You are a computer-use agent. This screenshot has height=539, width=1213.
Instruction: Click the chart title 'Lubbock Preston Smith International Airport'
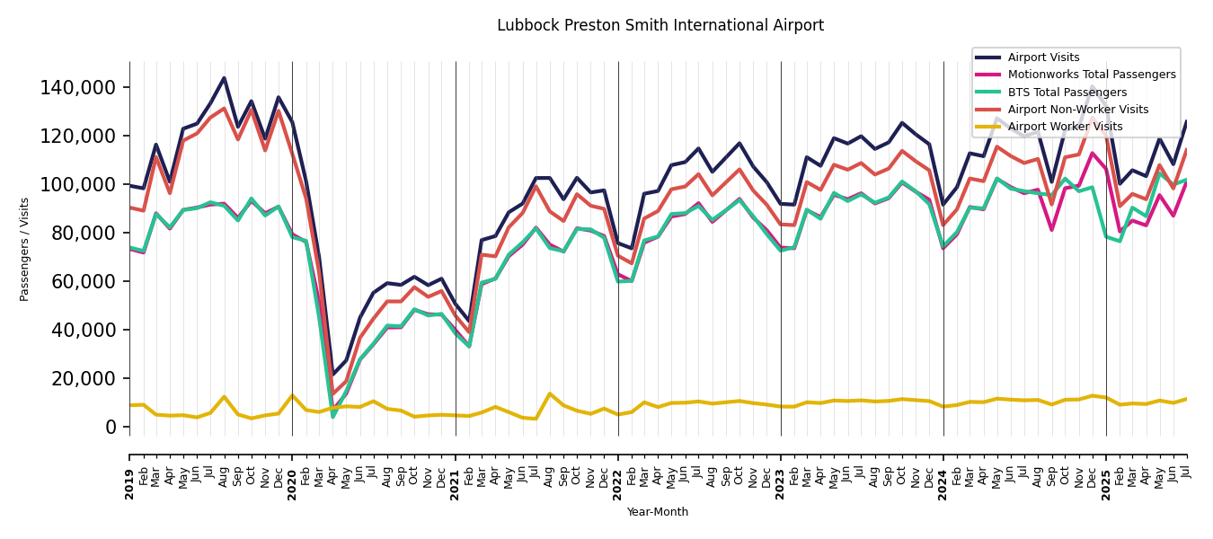coord(660,25)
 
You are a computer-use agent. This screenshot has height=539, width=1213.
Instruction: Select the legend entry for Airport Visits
coord(1043,57)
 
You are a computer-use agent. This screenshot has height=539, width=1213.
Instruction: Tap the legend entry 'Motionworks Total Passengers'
coord(1091,75)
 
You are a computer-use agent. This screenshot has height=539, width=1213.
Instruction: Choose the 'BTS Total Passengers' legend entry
coord(1067,93)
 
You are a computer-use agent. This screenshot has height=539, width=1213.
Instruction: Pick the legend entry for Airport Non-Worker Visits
coord(1077,110)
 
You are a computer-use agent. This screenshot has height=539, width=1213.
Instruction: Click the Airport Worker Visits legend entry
coord(1065,127)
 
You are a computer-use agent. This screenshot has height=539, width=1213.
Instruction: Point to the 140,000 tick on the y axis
coord(78,88)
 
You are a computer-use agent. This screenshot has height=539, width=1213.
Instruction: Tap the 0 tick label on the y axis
coord(111,428)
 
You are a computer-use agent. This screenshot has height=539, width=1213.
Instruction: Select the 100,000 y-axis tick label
coord(78,185)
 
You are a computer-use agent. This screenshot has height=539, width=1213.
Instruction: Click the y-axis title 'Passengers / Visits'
coord(25,249)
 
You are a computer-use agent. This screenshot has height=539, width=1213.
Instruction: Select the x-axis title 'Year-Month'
coord(658,512)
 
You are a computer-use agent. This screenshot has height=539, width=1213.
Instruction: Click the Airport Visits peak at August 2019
coord(224,78)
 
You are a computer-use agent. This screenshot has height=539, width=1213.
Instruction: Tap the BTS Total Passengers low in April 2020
coord(332,417)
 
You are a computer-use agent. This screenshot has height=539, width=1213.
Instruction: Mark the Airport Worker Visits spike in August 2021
coord(550,393)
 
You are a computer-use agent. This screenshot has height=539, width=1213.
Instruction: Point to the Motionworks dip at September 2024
coord(1052,230)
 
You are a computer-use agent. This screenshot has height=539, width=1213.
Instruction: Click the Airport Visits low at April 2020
coord(332,375)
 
